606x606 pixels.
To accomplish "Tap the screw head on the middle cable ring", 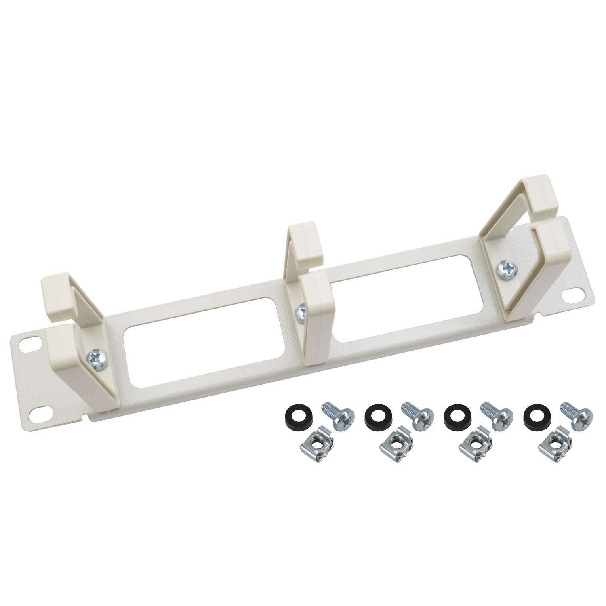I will click(x=301, y=310).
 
